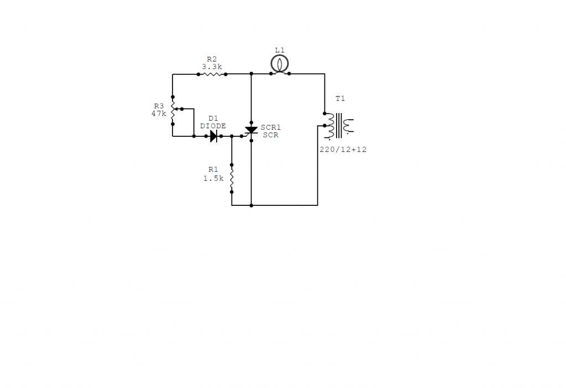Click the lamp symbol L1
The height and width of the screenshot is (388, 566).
280,64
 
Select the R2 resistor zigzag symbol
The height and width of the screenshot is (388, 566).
212,75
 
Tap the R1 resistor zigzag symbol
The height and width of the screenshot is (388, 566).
232,178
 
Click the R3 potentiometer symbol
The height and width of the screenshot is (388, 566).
173,110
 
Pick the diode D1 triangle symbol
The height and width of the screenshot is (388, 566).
214,136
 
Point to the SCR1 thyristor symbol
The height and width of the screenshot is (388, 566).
250,131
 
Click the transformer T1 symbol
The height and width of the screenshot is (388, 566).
339,126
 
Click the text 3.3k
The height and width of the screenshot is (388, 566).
212,67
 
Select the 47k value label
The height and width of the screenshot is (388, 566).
159,114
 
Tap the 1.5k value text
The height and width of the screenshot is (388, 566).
213,178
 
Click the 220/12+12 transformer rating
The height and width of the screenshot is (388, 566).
343,149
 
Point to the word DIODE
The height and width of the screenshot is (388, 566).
213,126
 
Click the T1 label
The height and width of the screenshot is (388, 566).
340,98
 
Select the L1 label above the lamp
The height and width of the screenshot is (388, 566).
280,50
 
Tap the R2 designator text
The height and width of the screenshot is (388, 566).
212,59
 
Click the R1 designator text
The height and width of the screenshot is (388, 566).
213,169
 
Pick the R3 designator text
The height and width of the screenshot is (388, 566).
159,106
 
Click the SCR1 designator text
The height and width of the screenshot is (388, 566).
271,127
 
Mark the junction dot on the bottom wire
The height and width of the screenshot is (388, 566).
251,205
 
